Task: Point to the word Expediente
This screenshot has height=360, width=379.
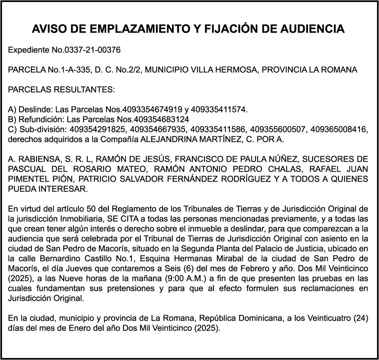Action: [x=25, y=50]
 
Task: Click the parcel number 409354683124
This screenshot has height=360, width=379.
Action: [x=162, y=119]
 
